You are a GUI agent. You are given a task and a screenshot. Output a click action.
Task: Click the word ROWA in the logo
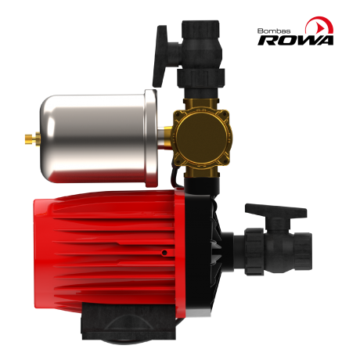[x=296, y=40]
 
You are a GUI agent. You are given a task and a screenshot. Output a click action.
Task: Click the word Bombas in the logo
[x=274, y=31]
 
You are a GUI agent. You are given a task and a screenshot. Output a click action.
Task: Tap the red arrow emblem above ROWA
[x=319, y=25]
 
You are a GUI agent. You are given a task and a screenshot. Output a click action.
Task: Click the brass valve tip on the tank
[x=32, y=138]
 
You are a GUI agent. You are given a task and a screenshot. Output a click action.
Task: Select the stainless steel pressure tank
[x=99, y=139]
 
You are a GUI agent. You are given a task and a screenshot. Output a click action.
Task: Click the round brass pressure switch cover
[x=201, y=137]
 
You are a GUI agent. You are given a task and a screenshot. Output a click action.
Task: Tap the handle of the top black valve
[x=162, y=56]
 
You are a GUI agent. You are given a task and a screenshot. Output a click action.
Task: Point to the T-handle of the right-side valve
[x=276, y=211]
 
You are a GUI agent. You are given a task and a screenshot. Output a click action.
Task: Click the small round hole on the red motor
[x=164, y=253]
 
